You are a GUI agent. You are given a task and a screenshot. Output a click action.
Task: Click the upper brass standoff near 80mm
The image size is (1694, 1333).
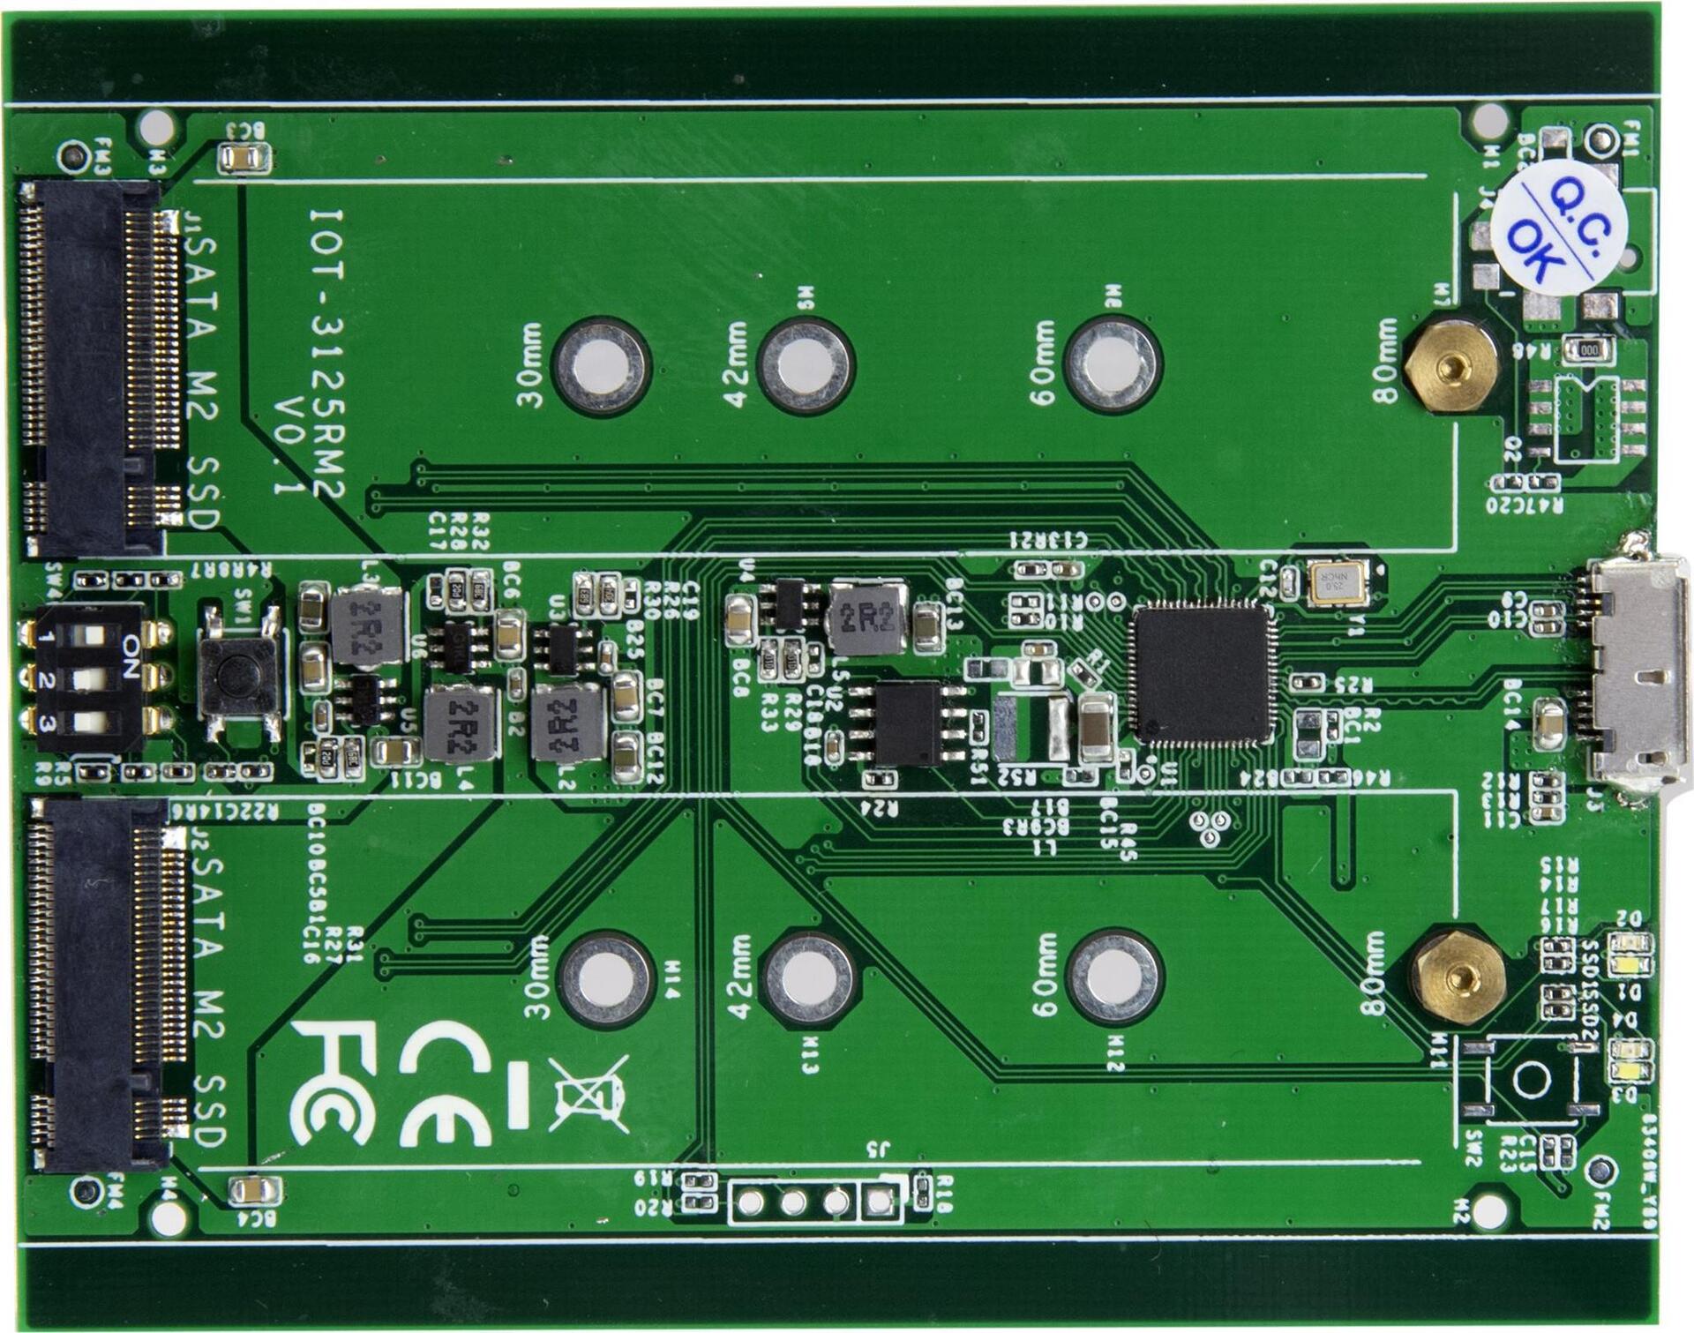pos(1450,366)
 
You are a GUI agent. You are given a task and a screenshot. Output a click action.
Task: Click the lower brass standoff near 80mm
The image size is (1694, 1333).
pos(1458,976)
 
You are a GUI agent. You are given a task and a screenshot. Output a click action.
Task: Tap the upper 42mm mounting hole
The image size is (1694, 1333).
pos(805,364)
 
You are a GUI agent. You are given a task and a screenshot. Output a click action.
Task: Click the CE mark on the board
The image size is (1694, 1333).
pos(446,1083)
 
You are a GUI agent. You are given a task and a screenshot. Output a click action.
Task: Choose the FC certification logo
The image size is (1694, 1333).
pos(334,1082)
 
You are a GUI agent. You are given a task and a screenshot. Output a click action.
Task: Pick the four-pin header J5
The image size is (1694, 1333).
pos(814,1201)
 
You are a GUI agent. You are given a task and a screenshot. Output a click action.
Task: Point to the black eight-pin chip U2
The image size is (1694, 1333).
pos(907,723)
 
